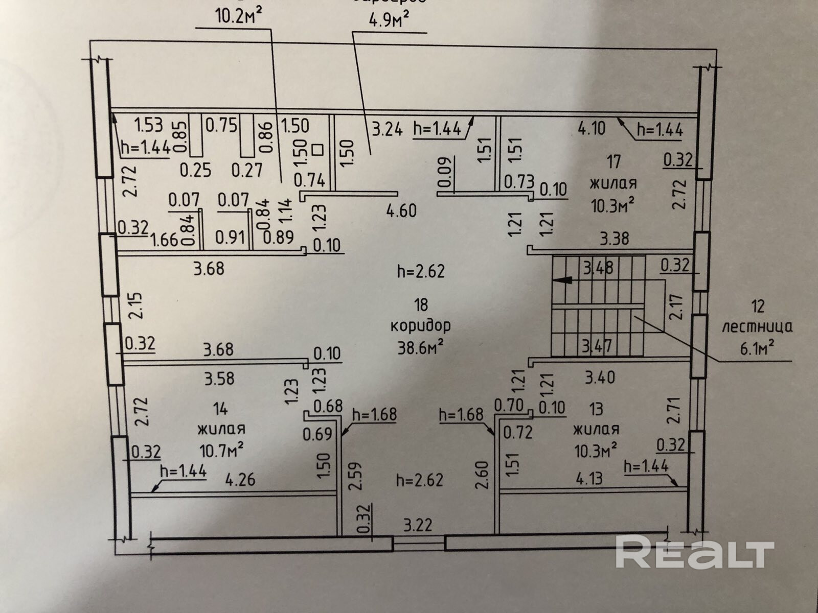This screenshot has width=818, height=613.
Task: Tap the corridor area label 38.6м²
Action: coord(420,347)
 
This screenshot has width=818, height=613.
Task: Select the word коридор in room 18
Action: coord(420,325)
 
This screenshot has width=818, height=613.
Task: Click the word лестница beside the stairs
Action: coord(757,327)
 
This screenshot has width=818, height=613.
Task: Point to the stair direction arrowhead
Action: coord(563,280)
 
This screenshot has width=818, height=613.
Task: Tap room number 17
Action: coord(613,161)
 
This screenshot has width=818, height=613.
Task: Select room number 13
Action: coord(596,409)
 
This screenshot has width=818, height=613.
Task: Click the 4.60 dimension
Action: coord(401,210)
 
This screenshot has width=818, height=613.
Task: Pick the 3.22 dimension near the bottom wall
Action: coord(418,525)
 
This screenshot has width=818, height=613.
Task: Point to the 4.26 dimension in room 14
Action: coord(240,480)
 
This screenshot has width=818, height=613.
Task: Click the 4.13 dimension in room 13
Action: coord(589,479)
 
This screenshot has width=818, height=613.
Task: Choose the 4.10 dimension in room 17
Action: coord(592,128)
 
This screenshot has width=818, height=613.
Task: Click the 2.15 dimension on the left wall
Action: coord(135,305)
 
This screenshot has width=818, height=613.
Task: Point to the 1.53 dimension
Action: coord(148,125)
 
